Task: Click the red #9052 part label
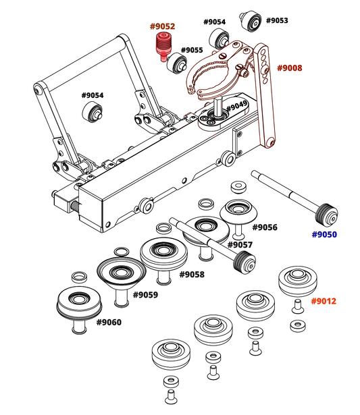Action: [x=162, y=26]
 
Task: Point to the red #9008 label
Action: [x=289, y=68]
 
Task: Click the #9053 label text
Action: [x=276, y=20]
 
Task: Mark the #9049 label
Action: [x=237, y=107]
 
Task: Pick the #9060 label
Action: [x=109, y=322]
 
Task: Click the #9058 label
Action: [x=192, y=275]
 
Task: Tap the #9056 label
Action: [x=264, y=227]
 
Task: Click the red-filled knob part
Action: [x=162, y=45]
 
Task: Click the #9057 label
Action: [x=240, y=244]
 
